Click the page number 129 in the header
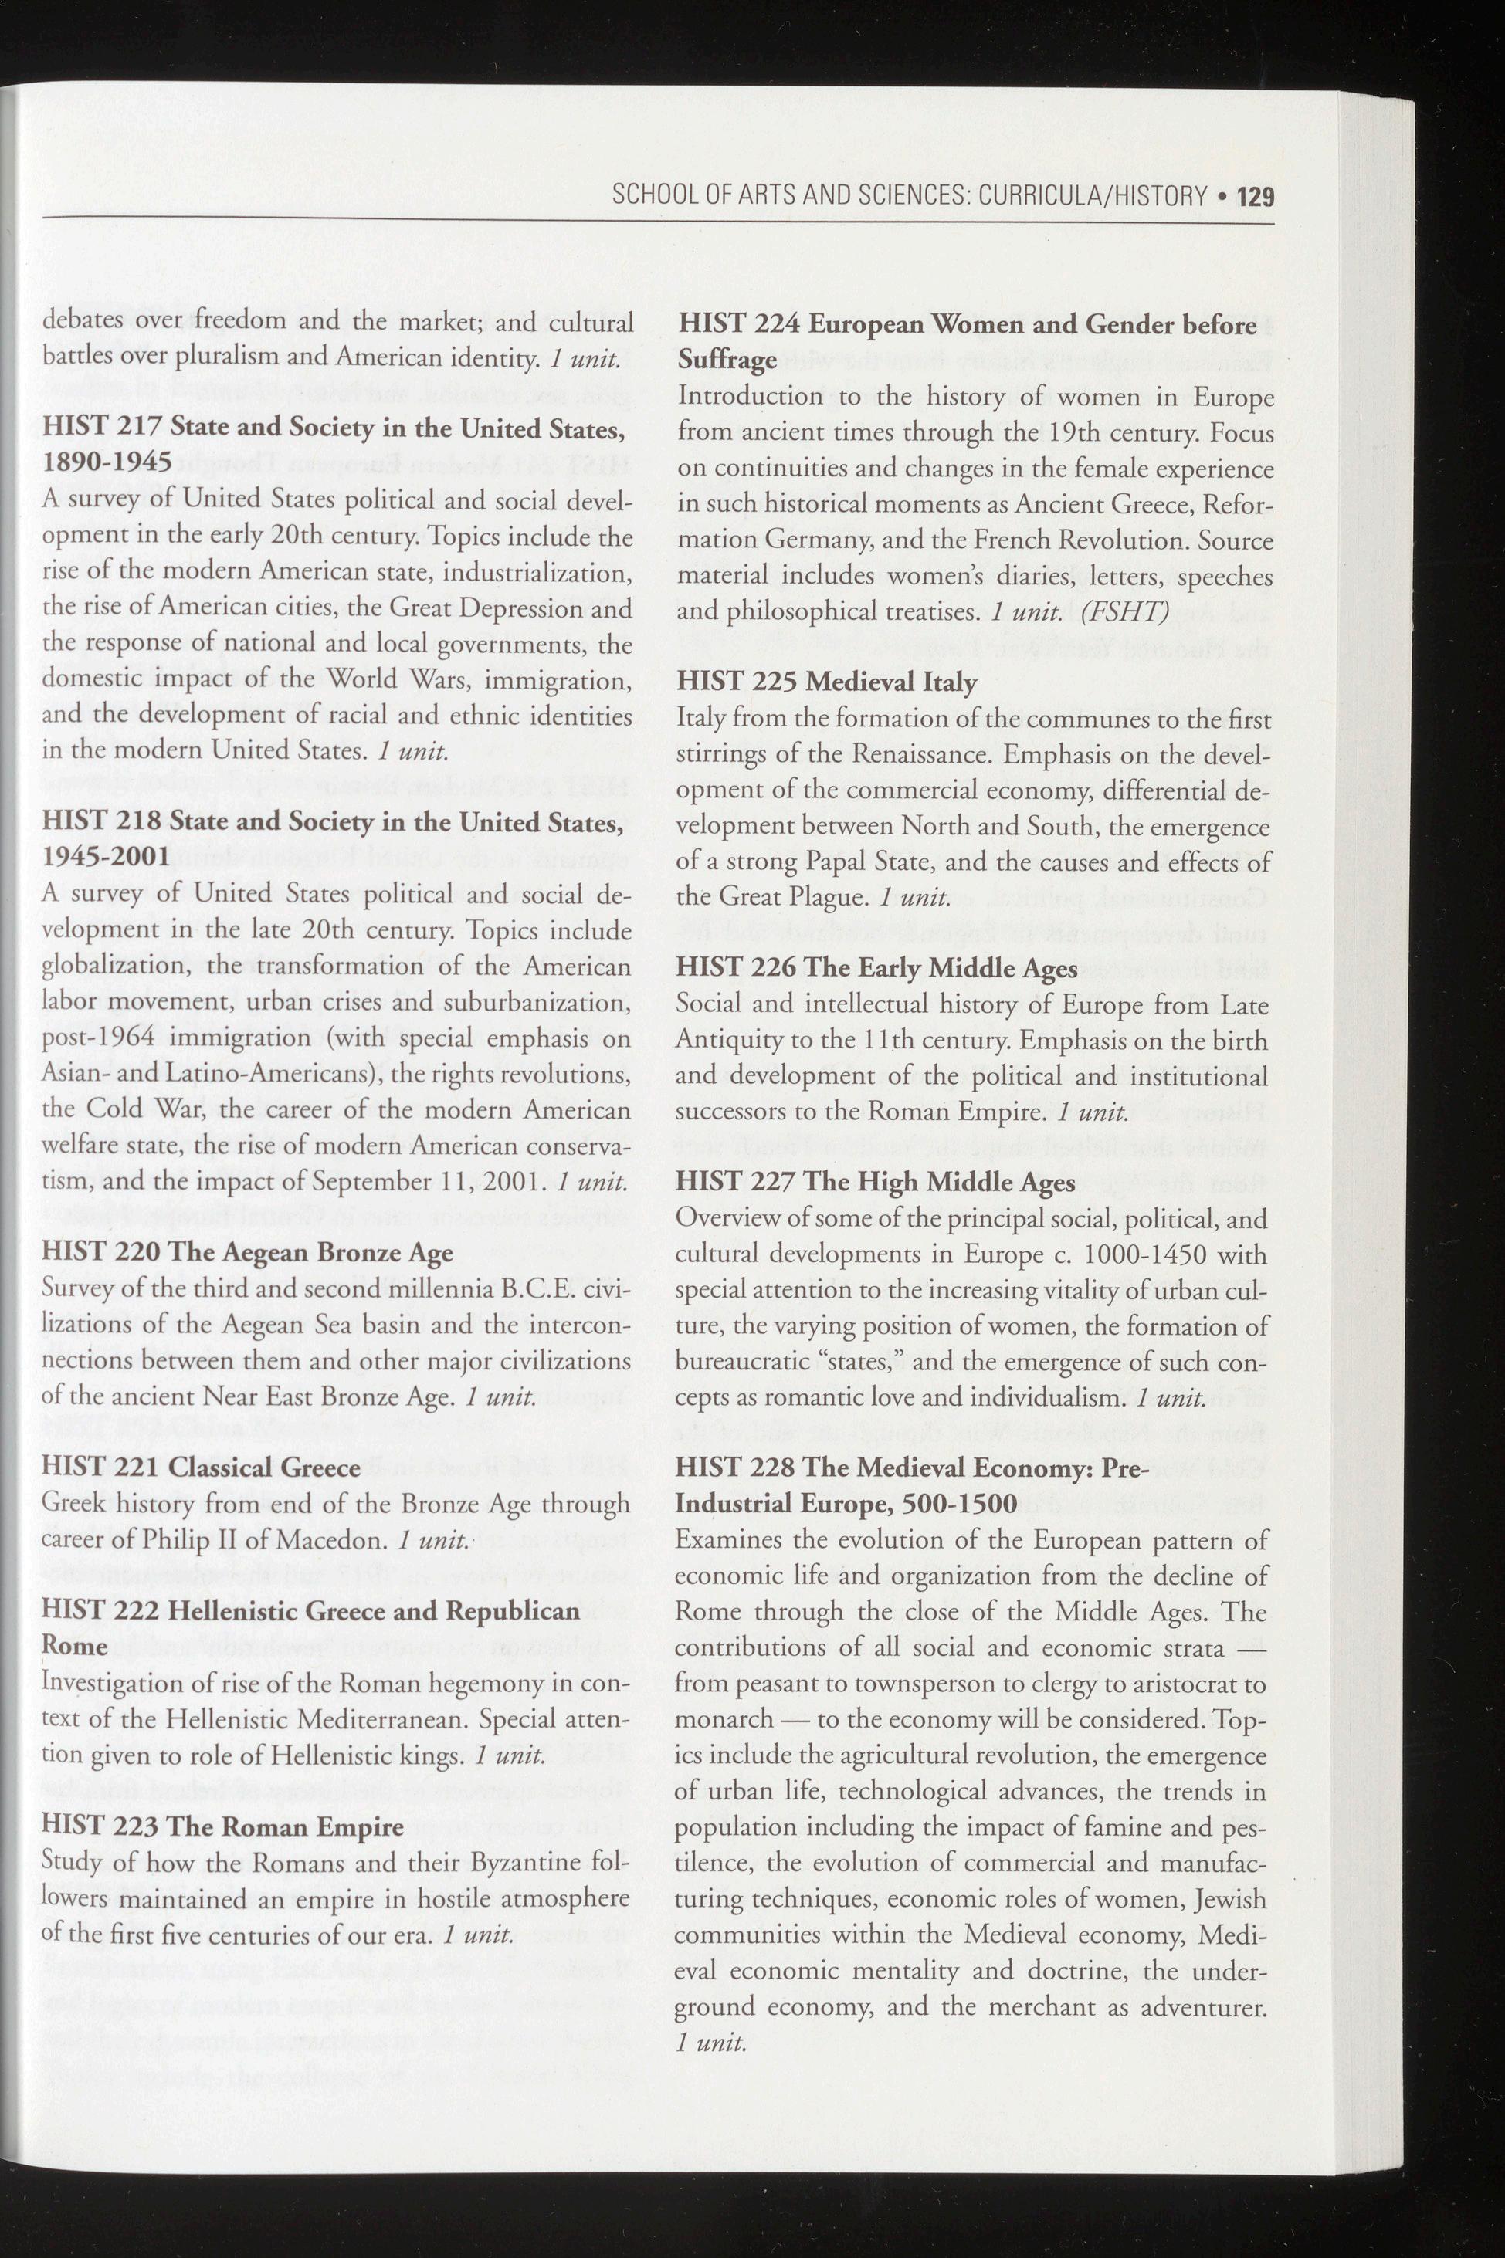pos(1256,198)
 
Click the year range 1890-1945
pos(107,462)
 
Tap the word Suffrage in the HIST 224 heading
pos(727,361)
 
